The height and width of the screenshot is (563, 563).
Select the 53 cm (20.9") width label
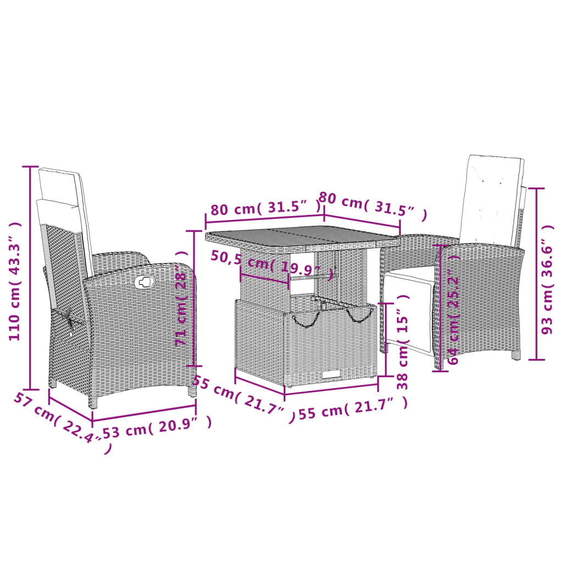156,426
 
